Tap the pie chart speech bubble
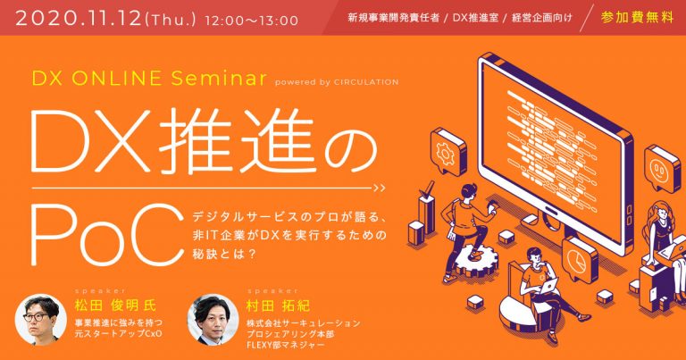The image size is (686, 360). pos(580,258)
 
